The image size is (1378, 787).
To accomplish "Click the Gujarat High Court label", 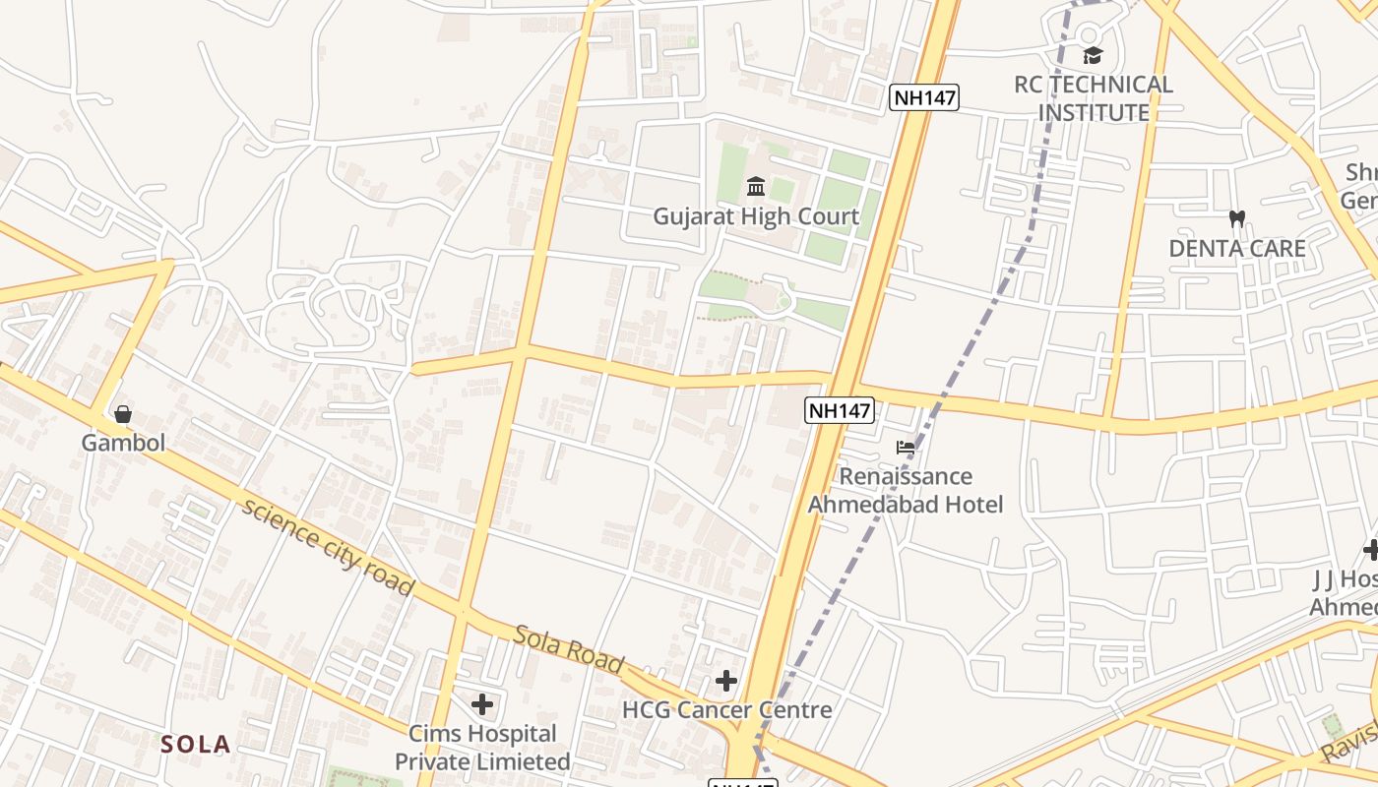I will tap(756, 216).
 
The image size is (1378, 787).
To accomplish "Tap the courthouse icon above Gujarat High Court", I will tap(756, 187).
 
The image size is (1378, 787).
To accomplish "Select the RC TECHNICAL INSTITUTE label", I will tap(1094, 98).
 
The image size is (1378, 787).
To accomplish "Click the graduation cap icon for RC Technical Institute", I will tap(1093, 55).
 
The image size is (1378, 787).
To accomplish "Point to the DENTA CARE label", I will tap(1237, 249).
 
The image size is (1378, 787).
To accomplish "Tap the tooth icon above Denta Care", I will tap(1237, 218).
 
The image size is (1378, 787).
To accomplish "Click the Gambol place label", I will tap(123, 443).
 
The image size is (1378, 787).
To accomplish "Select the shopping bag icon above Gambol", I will tap(123, 414).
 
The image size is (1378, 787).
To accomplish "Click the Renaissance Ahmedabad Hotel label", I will tap(906, 491).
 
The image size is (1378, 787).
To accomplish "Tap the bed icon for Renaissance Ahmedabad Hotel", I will tap(906, 448).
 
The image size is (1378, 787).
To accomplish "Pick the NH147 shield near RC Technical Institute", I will tap(923, 96).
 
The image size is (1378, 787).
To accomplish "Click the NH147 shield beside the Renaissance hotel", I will tap(840, 410).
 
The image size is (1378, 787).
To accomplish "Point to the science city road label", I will tap(328, 547).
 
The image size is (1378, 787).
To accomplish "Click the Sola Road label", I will tap(569, 649).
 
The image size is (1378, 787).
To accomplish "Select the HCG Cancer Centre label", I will tap(726, 709).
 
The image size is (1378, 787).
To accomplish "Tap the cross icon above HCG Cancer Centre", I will tap(726, 680).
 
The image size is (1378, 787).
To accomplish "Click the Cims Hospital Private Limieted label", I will tap(482, 748).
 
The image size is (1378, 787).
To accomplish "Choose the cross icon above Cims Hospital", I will tap(482, 704).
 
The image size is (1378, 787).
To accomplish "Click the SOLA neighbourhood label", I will tap(197, 745).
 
